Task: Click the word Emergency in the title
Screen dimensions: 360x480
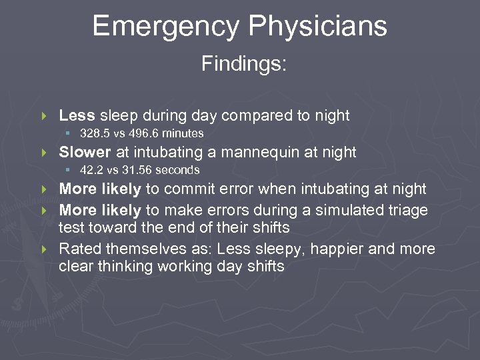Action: [x=164, y=27]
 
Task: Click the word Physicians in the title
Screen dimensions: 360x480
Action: [x=315, y=27]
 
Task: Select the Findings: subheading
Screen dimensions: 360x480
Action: [x=244, y=65]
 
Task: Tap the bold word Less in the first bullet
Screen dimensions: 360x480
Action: [x=73, y=115]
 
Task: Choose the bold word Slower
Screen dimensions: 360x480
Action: [x=85, y=153]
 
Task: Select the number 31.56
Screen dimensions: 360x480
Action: [x=137, y=170]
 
